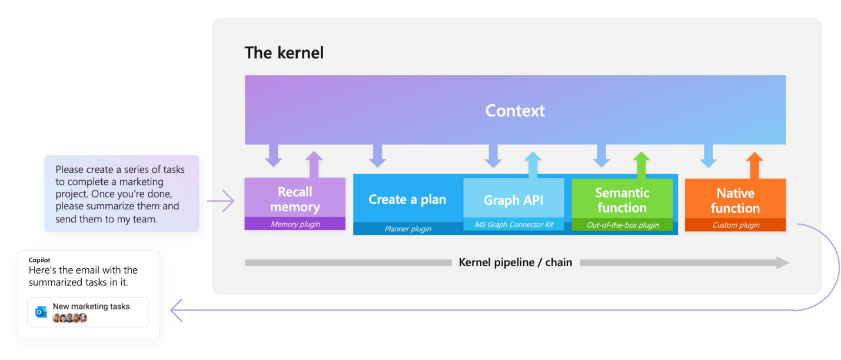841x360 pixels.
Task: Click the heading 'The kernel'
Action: click(284, 53)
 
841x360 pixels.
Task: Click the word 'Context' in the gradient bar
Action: click(515, 111)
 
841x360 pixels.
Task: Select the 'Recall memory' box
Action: click(295, 199)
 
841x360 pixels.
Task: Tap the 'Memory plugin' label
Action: click(295, 224)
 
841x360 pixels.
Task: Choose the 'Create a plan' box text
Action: click(407, 199)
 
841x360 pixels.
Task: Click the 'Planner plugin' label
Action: click(408, 229)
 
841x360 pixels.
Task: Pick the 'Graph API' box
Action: click(513, 200)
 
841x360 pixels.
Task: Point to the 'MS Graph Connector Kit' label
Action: click(514, 225)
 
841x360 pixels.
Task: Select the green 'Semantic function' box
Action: click(622, 200)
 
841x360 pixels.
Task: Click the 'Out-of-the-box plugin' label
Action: click(623, 225)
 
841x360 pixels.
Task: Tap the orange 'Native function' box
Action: click(735, 200)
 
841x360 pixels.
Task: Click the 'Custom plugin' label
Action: click(736, 225)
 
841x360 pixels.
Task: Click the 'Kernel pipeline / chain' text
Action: click(515, 262)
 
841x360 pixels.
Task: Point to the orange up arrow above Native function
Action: click(754, 165)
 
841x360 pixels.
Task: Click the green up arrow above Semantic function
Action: click(641, 165)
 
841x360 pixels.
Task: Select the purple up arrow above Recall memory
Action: click(314, 165)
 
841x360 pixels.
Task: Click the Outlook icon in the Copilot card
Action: click(41, 312)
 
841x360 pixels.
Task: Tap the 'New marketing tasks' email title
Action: click(91, 306)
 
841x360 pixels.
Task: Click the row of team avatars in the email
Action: click(70, 318)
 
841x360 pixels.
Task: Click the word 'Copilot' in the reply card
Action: click(39, 260)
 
